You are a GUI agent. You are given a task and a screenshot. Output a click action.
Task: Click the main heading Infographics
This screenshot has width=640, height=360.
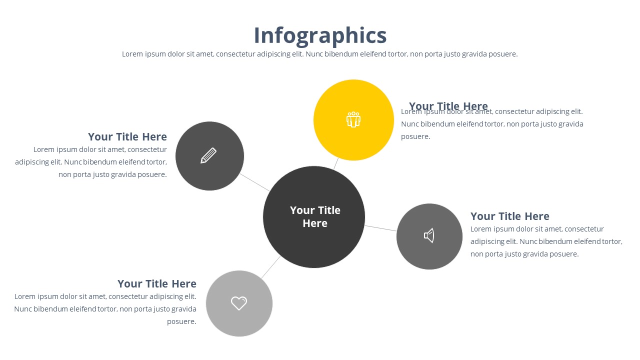320,35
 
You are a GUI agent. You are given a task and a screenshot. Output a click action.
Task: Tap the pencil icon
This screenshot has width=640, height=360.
208,155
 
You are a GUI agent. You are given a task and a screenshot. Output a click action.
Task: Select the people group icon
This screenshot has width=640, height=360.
353,119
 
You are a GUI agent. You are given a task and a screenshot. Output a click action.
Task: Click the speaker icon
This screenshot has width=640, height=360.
429,235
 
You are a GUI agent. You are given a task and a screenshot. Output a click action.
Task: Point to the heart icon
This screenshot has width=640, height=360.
239,303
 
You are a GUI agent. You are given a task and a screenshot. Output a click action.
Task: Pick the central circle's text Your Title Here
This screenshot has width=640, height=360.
315,216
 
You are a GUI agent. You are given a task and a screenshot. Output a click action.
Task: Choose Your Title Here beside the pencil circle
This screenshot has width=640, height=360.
127,136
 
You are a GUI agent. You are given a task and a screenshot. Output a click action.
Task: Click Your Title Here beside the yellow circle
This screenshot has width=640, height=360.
448,105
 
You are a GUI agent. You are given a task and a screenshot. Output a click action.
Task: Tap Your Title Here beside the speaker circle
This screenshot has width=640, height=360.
509,216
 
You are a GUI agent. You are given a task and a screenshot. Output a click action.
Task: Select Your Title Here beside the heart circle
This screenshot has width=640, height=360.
157,283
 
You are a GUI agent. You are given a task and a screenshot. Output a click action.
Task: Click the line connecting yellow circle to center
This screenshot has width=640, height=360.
336,163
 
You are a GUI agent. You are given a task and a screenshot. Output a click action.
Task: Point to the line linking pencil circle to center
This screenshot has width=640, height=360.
255,182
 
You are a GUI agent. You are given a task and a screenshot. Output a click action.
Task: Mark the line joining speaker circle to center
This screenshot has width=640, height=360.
380,228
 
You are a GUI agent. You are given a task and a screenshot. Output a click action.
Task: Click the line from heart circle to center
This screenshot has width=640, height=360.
270,267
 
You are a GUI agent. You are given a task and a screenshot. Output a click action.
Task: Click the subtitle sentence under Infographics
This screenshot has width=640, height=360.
320,54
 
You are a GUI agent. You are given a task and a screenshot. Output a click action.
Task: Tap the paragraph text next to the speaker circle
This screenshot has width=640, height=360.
546,241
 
